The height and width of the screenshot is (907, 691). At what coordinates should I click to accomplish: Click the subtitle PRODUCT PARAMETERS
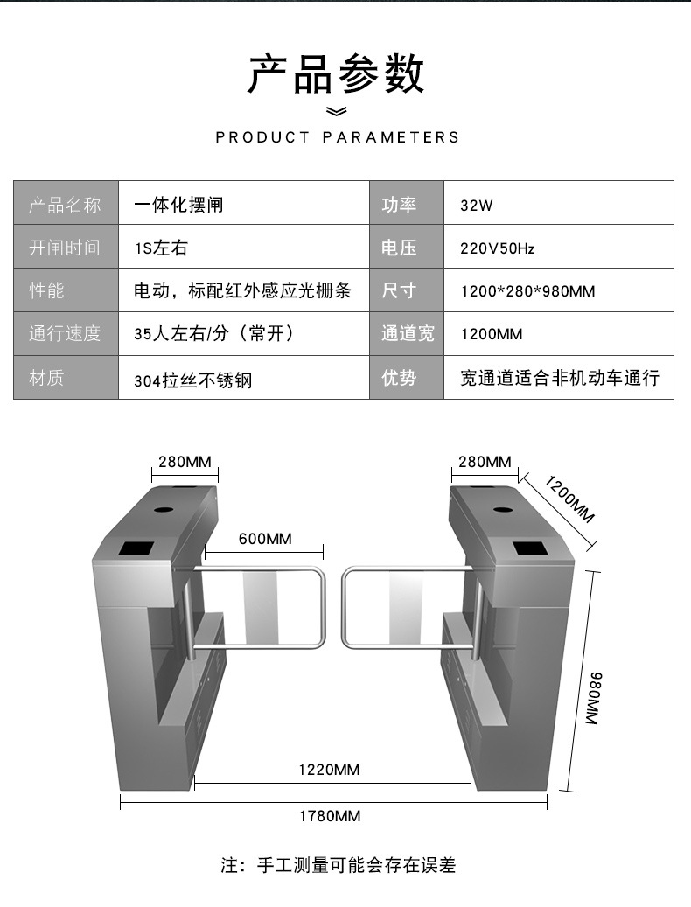coord(337,137)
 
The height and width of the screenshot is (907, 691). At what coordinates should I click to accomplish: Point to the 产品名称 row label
coord(66,205)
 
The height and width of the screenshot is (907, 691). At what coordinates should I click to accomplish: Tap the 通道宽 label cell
coord(407,334)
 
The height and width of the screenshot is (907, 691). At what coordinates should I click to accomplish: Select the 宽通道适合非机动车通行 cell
coord(560,378)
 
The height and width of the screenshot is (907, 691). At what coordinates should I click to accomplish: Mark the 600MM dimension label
coord(265,539)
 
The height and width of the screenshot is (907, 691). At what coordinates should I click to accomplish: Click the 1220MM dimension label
coord(329,770)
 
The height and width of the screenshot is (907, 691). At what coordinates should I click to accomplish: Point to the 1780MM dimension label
coord(330,816)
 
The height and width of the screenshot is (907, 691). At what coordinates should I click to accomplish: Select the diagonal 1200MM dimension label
coord(569,499)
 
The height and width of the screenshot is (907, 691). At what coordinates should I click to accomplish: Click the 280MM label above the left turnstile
coord(185,462)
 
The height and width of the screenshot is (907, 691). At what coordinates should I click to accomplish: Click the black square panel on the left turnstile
coord(136,549)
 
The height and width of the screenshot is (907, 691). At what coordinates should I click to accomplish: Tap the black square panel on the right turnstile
coord(531,548)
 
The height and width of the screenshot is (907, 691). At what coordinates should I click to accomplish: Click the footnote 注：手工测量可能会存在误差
coord(338,866)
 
